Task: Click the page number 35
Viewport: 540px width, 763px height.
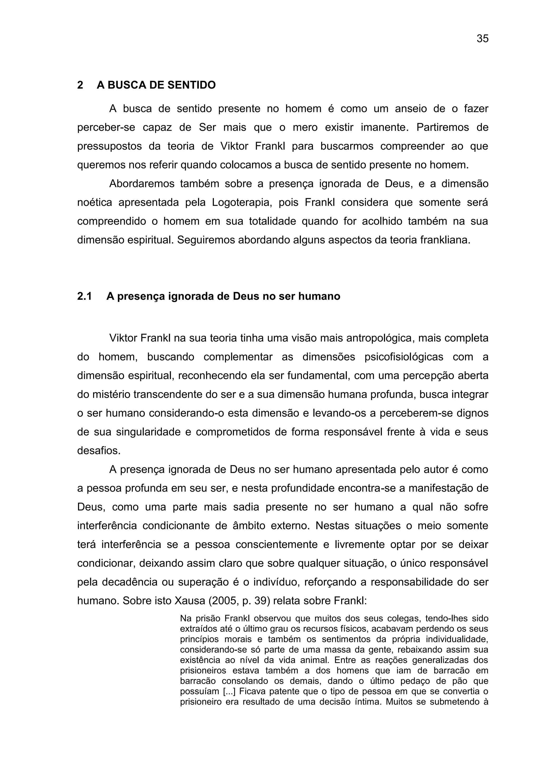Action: point(483,38)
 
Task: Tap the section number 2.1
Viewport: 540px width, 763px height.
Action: point(84,296)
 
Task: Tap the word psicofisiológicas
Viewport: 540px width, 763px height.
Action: point(404,357)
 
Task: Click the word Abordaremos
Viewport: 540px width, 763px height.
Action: point(142,184)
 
